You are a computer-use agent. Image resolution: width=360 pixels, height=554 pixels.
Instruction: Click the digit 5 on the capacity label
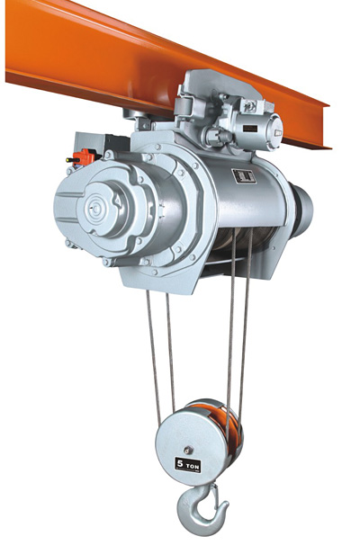[x=180, y=463]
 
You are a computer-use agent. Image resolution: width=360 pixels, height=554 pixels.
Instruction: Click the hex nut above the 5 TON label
[x=187, y=450]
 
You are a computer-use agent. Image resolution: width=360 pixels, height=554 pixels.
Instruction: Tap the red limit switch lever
[x=85, y=156]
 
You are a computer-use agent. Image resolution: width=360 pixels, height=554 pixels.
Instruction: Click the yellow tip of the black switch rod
[x=67, y=160]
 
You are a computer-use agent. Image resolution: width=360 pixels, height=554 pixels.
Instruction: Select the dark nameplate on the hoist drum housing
[x=244, y=175]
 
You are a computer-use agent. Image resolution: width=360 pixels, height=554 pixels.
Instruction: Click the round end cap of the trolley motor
[x=274, y=132]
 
